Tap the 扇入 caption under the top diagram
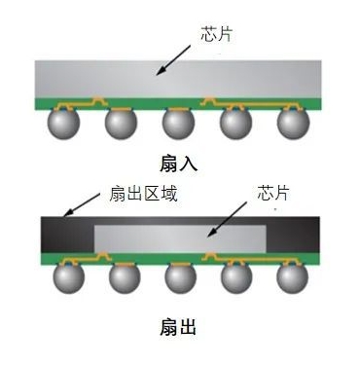pyautogui.click(x=179, y=163)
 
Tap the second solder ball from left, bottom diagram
pyautogui.click(x=122, y=277)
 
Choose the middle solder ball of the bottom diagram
pyautogui.click(x=180, y=277)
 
